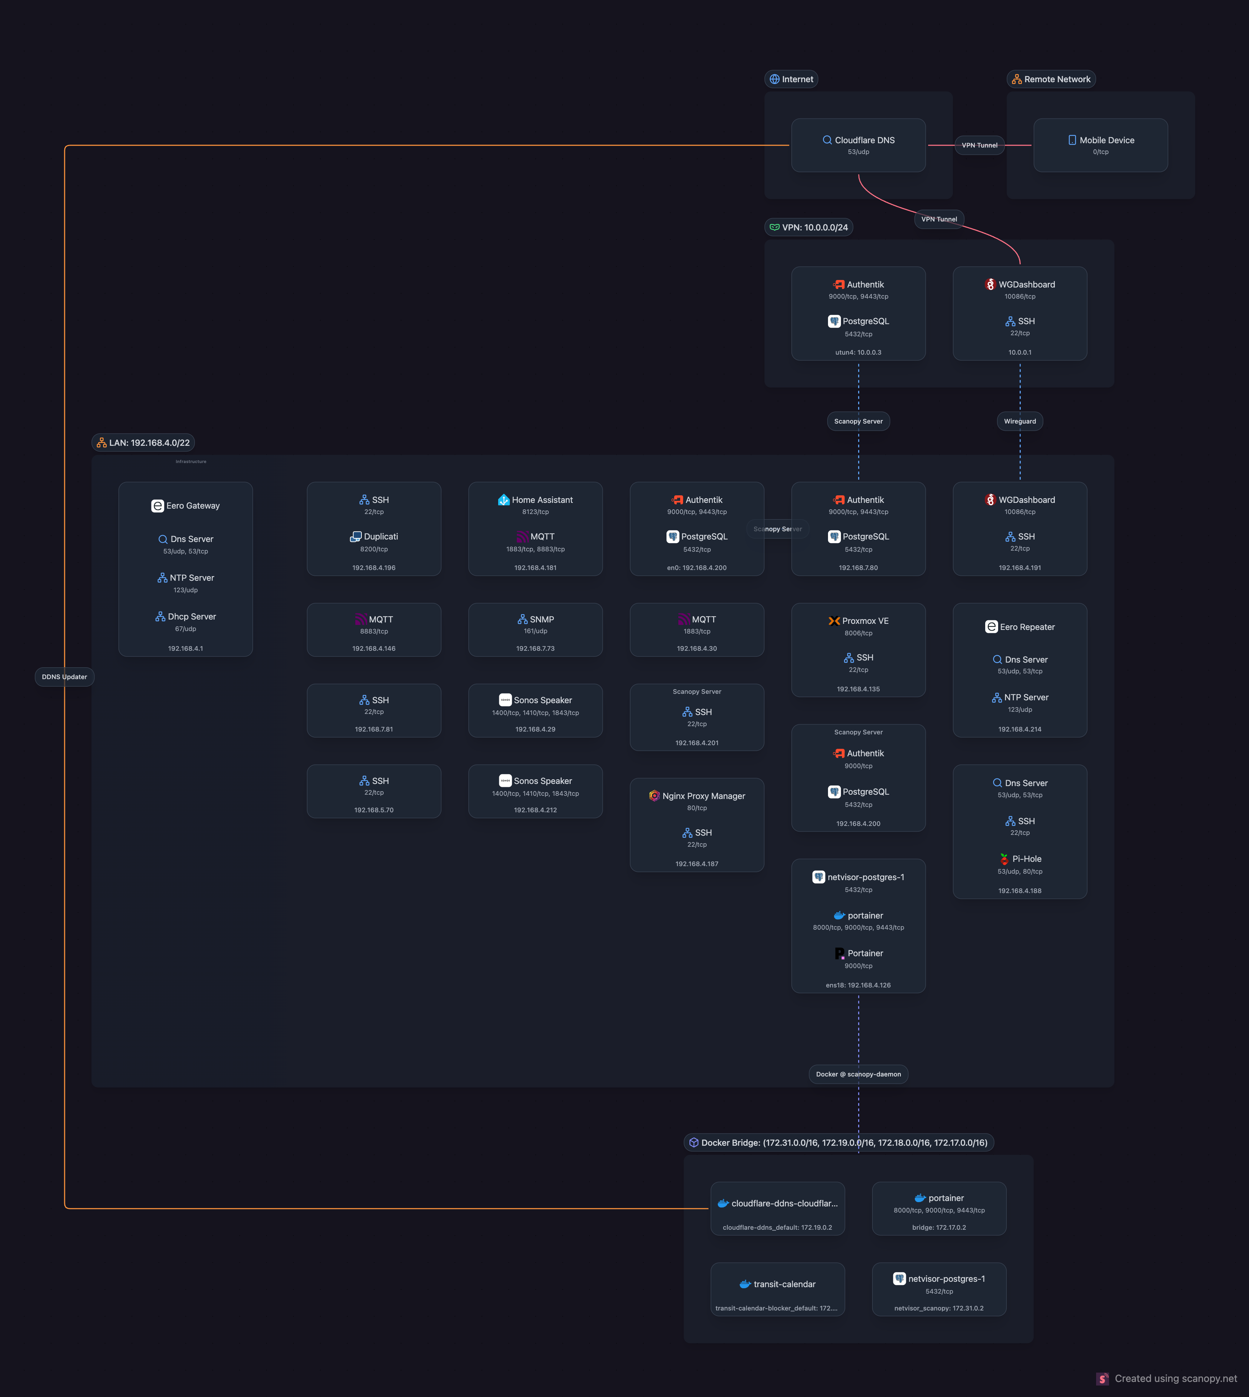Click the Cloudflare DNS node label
pyautogui.click(x=864, y=140)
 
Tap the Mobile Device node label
pyautogui.click(x=1106, y=140)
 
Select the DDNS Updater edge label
pyautogui.click(x=65, y=677)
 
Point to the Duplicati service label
pyautogui.click(x=380, y=537)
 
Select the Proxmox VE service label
pyautogui.click(x=865, y=621)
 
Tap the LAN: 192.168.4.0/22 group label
pyautogui.click(x=149, y=443)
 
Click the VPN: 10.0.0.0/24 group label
pyautogui.click(x=815, y=227)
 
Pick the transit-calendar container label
pyautogui.click(x=784, y=1284)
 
